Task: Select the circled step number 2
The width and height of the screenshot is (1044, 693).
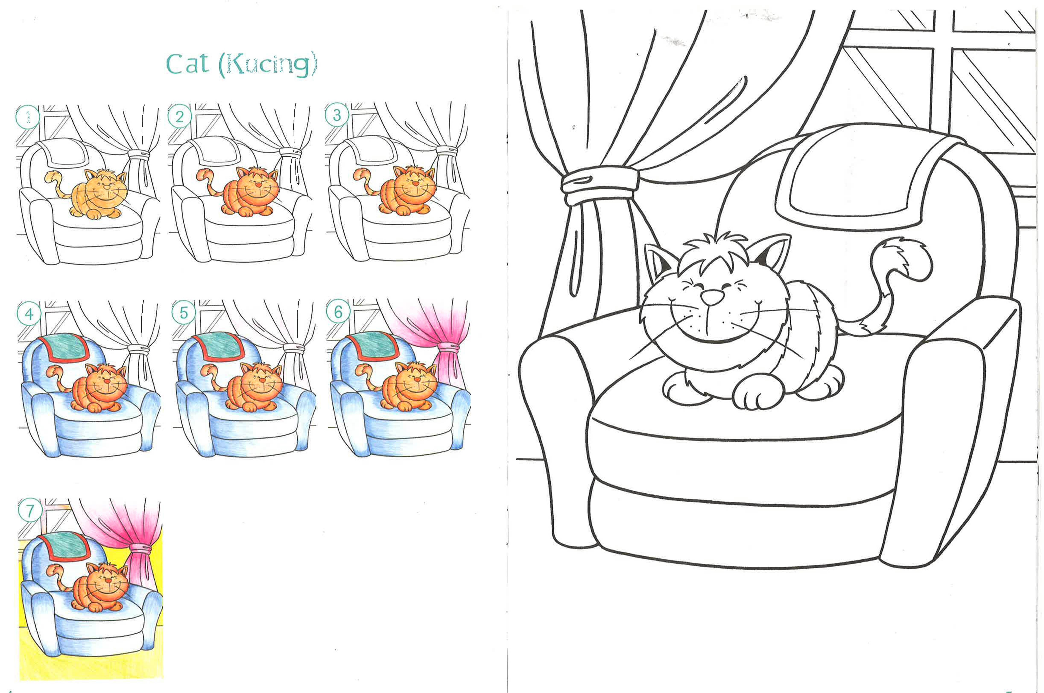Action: pyautogui.click(x=179, y=117)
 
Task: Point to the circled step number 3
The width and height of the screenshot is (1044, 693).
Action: pyautogui.click(x=336, y=115)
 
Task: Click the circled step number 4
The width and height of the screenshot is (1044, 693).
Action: pyautogui.click(x=29, y=314)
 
